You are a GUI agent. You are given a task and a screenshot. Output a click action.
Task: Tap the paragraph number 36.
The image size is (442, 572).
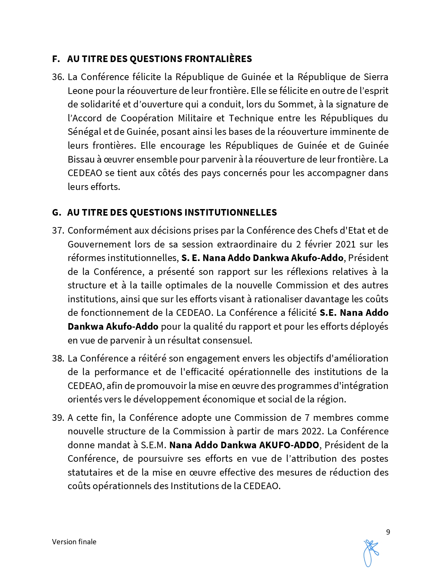click(58, 77)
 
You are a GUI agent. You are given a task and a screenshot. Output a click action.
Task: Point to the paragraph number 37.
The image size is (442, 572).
click(58, 231)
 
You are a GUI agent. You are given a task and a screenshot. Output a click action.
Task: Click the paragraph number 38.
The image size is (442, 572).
click(58, 358)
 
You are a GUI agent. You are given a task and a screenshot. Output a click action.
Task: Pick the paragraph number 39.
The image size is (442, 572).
click(58, 418)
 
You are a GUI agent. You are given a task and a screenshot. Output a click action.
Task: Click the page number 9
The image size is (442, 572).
click(388, 532)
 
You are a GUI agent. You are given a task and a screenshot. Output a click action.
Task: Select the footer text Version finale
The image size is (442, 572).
click(74, 542)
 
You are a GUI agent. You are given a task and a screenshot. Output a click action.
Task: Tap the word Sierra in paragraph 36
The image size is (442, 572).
click(376, 77)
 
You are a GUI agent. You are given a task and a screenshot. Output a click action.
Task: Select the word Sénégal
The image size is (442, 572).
click(82, 132)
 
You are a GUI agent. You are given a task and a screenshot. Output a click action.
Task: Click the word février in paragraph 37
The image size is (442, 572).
click(316, 244)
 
